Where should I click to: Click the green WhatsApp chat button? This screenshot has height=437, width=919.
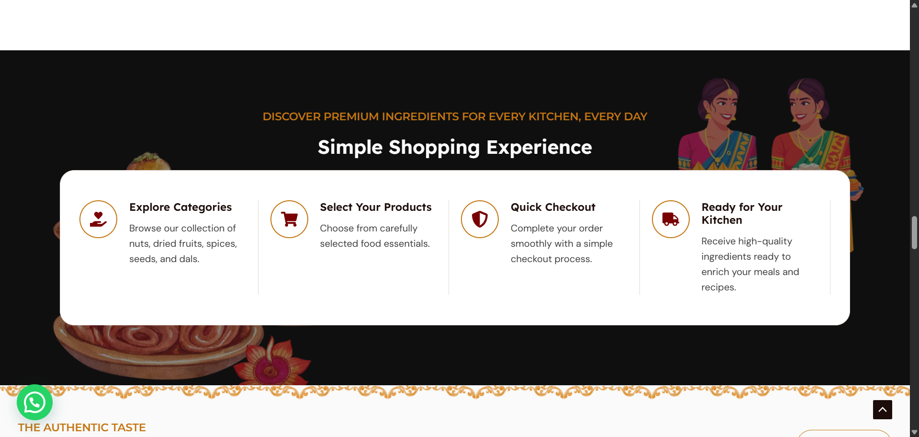tap(34, 402)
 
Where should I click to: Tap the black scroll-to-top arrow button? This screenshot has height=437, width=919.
tap(882, 410)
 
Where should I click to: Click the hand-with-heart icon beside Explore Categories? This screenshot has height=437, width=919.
tap(98, 219)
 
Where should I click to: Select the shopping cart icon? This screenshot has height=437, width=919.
tap(289, 219)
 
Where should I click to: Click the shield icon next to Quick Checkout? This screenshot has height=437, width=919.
tap(480, 219)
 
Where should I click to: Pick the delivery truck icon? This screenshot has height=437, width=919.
tap(671, 219)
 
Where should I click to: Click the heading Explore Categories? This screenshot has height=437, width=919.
tap(180, 207)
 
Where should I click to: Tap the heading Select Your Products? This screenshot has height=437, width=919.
tap(376, 207)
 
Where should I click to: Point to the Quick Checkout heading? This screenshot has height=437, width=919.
tap(553, 207)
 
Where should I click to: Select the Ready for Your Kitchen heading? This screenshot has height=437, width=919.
tap(742, 214)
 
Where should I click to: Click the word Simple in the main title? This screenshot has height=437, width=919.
tap(350, 148)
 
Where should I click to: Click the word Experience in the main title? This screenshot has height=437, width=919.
tap(539, 148)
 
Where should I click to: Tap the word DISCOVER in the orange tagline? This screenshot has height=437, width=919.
tap(291, 116)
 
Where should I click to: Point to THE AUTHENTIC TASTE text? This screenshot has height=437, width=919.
tap(82, 427)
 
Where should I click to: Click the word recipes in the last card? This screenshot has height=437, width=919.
tap(718, 287)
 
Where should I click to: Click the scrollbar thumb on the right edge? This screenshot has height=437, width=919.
tap(914, 232)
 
